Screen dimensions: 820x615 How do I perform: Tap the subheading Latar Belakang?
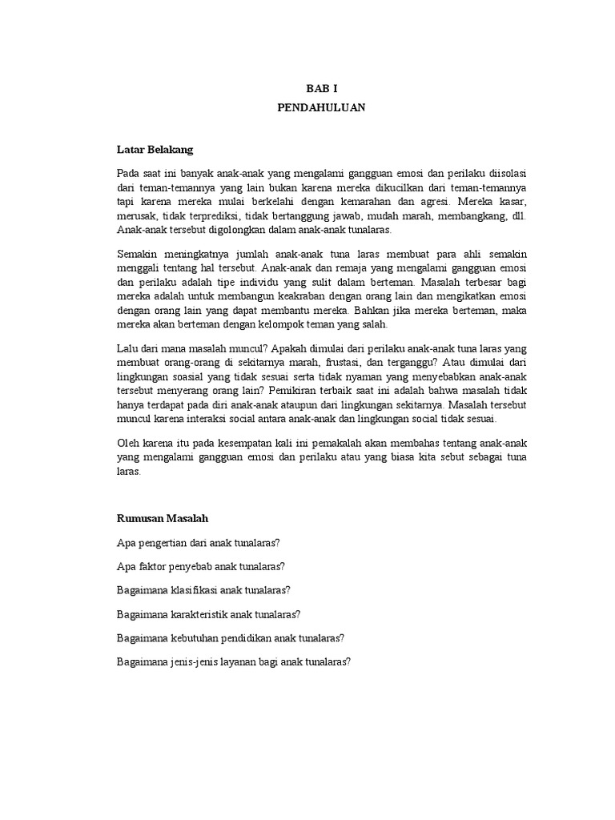(155, 149)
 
